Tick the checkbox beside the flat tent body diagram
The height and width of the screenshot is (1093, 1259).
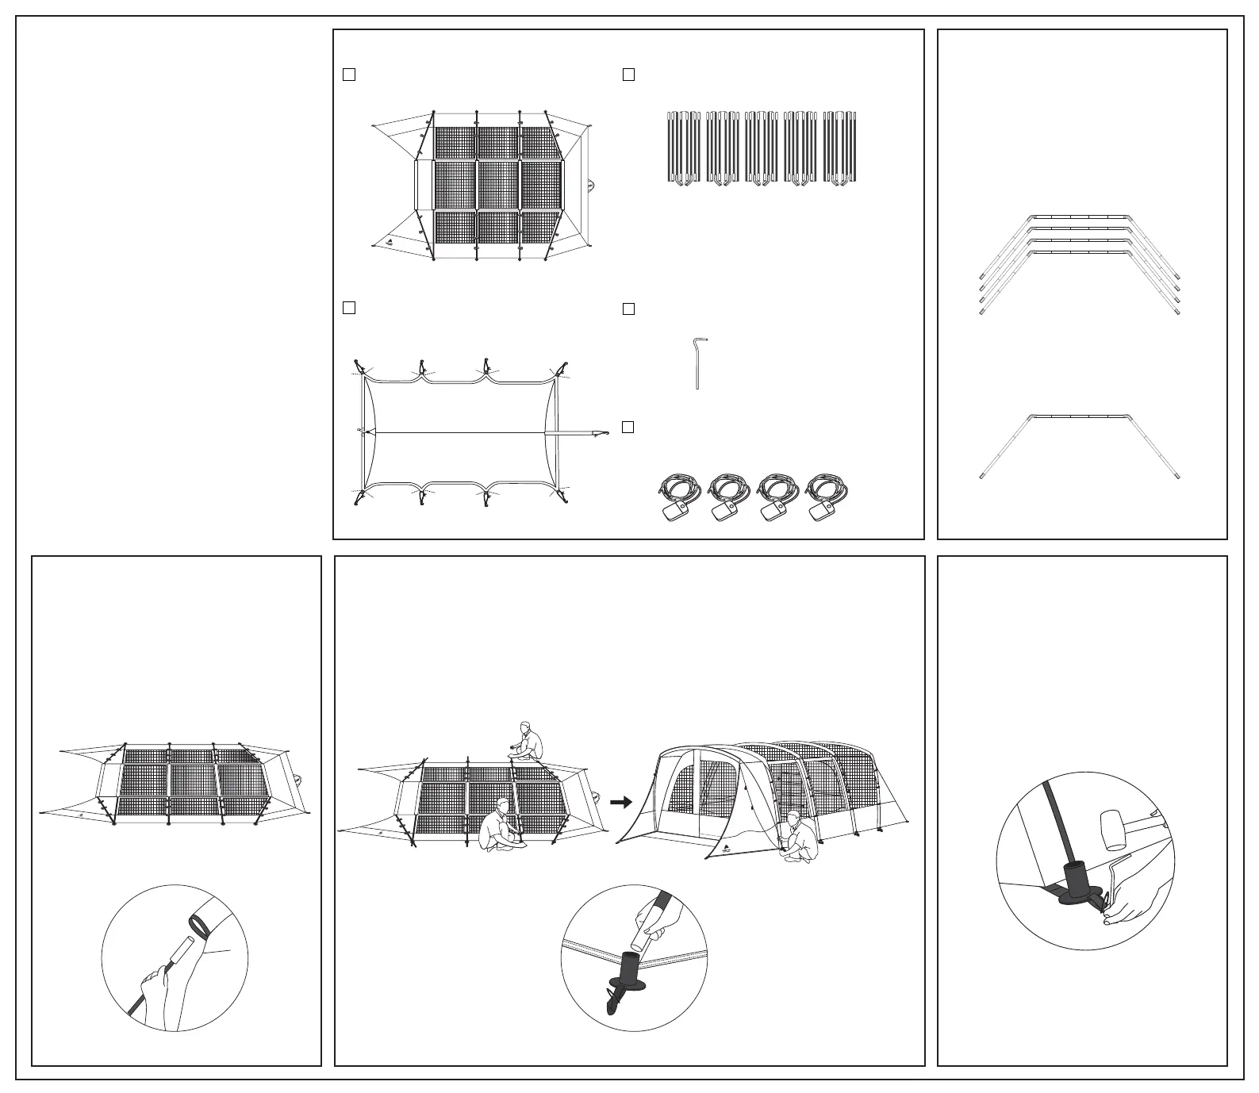click(x=348, y=75)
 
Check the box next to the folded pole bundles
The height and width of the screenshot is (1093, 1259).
click(x=628, y=75)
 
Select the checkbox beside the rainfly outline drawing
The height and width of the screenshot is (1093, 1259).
click(x=348, y=307)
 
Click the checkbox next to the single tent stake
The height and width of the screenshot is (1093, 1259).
click(x=628, y=309)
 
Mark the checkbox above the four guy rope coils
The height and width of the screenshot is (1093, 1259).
click(x=628, y=427)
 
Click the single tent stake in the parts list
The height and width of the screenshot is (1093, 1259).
click(x=697, y=364)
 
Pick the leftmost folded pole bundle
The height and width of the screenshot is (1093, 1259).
click(x=684, y=148)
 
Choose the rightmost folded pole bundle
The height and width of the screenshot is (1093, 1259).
click(x=840, y=148)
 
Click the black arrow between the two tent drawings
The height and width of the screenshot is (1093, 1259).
click(x=623, y=803)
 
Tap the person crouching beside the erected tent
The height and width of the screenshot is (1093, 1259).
click(x=799, y=840)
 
